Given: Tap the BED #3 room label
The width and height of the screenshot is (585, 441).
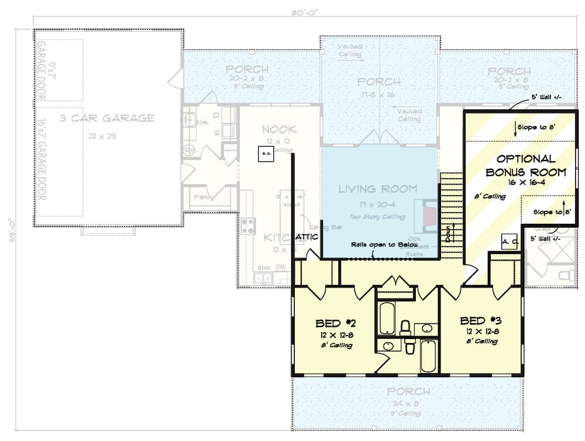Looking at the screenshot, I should click(481, 320).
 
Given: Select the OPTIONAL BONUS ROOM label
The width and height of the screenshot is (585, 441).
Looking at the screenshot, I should click(525, 165).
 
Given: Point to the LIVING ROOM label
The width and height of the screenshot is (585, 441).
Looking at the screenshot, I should click(378, 189).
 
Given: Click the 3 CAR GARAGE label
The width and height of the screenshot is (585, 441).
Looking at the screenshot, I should click(108, 118).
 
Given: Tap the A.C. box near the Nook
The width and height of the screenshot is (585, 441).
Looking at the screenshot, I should click(265, 154).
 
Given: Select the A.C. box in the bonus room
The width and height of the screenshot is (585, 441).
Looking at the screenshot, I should click(509, 241).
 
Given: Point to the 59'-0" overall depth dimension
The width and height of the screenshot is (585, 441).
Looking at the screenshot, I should click(10, 231).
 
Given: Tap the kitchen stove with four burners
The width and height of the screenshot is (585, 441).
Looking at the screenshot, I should click(247, 225).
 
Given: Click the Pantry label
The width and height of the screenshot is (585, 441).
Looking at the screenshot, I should click(204, 197).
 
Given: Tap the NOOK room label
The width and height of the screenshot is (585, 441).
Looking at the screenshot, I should click(278, 129).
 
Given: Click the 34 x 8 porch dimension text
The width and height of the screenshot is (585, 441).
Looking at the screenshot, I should click(407, 403).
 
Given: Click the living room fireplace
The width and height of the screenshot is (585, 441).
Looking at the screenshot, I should click(426, 214).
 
